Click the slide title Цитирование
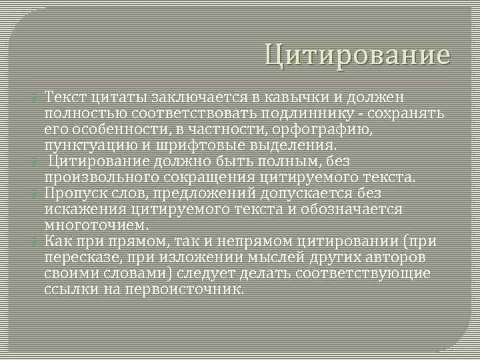tap(357, 55)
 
